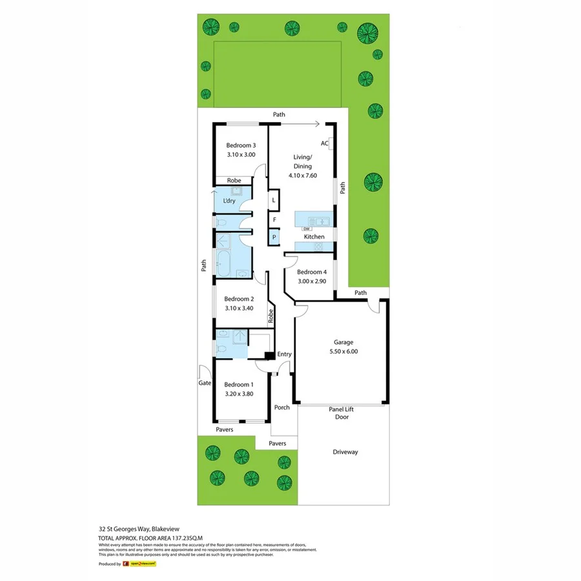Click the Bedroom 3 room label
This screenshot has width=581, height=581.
241,146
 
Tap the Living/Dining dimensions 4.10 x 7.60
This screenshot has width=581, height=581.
302,176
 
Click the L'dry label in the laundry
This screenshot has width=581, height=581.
229,201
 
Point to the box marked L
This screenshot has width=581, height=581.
274,200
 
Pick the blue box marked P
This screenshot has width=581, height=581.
274,238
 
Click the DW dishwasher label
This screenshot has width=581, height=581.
307,229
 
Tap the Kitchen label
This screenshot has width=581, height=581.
314,237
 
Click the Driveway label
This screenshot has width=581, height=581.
345,452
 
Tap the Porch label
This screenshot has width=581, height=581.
281,407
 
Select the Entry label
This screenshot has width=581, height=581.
284,354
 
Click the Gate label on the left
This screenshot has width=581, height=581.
205,383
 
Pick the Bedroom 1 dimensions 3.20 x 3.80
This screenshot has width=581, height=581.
240,393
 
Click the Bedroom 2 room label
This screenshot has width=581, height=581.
239,299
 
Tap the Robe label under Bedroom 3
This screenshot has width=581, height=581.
233,181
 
